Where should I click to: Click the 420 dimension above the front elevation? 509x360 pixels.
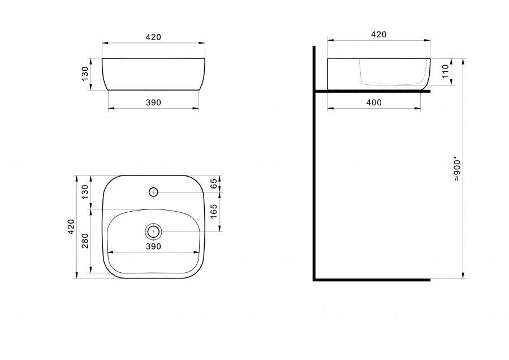click(x=153, y=37)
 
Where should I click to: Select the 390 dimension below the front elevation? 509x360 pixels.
click(x=153, y=102)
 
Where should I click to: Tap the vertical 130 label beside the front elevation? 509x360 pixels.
click(x=85, y=74)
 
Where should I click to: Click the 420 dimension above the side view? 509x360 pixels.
click(x=378, y=35)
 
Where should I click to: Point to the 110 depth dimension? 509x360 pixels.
click(x=446, y=71)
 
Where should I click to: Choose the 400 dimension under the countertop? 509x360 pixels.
click(x=374, y=102)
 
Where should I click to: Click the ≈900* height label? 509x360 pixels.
click(x=457, y=170)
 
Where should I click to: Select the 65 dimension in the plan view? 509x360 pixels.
click(x=214, y=183)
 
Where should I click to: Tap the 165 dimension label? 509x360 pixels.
click(x=214, y=212)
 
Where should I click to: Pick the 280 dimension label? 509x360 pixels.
click(x=85, y=241)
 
